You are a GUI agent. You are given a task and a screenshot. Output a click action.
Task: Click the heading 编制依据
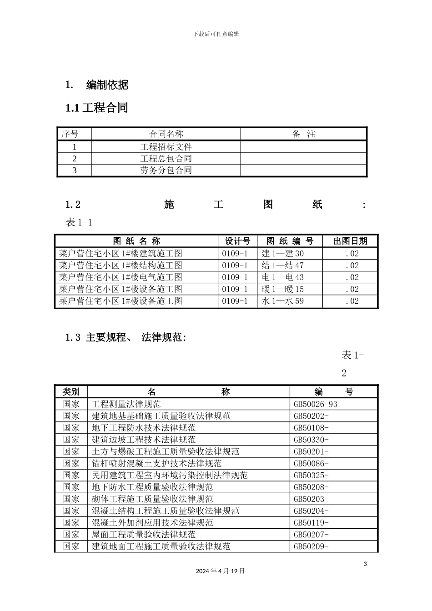[107, 85]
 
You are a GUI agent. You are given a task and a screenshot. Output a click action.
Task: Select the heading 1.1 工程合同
[96, 108]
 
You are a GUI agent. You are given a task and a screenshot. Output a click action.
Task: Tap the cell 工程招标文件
[166, 147]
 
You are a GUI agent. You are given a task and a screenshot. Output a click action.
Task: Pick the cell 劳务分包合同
[166, 170]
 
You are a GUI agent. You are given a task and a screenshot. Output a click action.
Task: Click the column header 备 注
[303, 134]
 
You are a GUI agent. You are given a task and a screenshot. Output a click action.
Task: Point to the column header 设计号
[237, 241]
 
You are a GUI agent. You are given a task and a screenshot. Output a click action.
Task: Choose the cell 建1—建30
[283, 254]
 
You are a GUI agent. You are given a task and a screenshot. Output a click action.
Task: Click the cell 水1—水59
[283, 301]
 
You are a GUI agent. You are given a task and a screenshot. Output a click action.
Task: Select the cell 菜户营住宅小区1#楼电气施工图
[121, 277]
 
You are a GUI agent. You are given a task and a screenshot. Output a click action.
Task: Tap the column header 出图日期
[350, 241]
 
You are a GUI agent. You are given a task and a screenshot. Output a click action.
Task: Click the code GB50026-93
[316, 404]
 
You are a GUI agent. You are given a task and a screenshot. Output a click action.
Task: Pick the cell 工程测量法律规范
[126, 404]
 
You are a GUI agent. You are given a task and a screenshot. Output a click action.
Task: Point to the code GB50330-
[311, 440]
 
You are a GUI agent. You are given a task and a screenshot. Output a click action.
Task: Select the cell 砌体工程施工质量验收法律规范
[152, 499]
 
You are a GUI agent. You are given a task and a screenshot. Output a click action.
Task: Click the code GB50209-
[311, 546]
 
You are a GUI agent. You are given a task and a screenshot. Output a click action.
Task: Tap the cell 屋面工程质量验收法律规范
[143, 535]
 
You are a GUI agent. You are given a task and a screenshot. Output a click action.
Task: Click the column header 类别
[71, 392]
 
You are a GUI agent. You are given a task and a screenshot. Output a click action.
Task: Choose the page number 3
[365, 564]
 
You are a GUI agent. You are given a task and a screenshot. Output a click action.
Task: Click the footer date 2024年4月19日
[220, 571]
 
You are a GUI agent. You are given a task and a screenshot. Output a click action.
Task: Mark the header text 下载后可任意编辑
[216, 34]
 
